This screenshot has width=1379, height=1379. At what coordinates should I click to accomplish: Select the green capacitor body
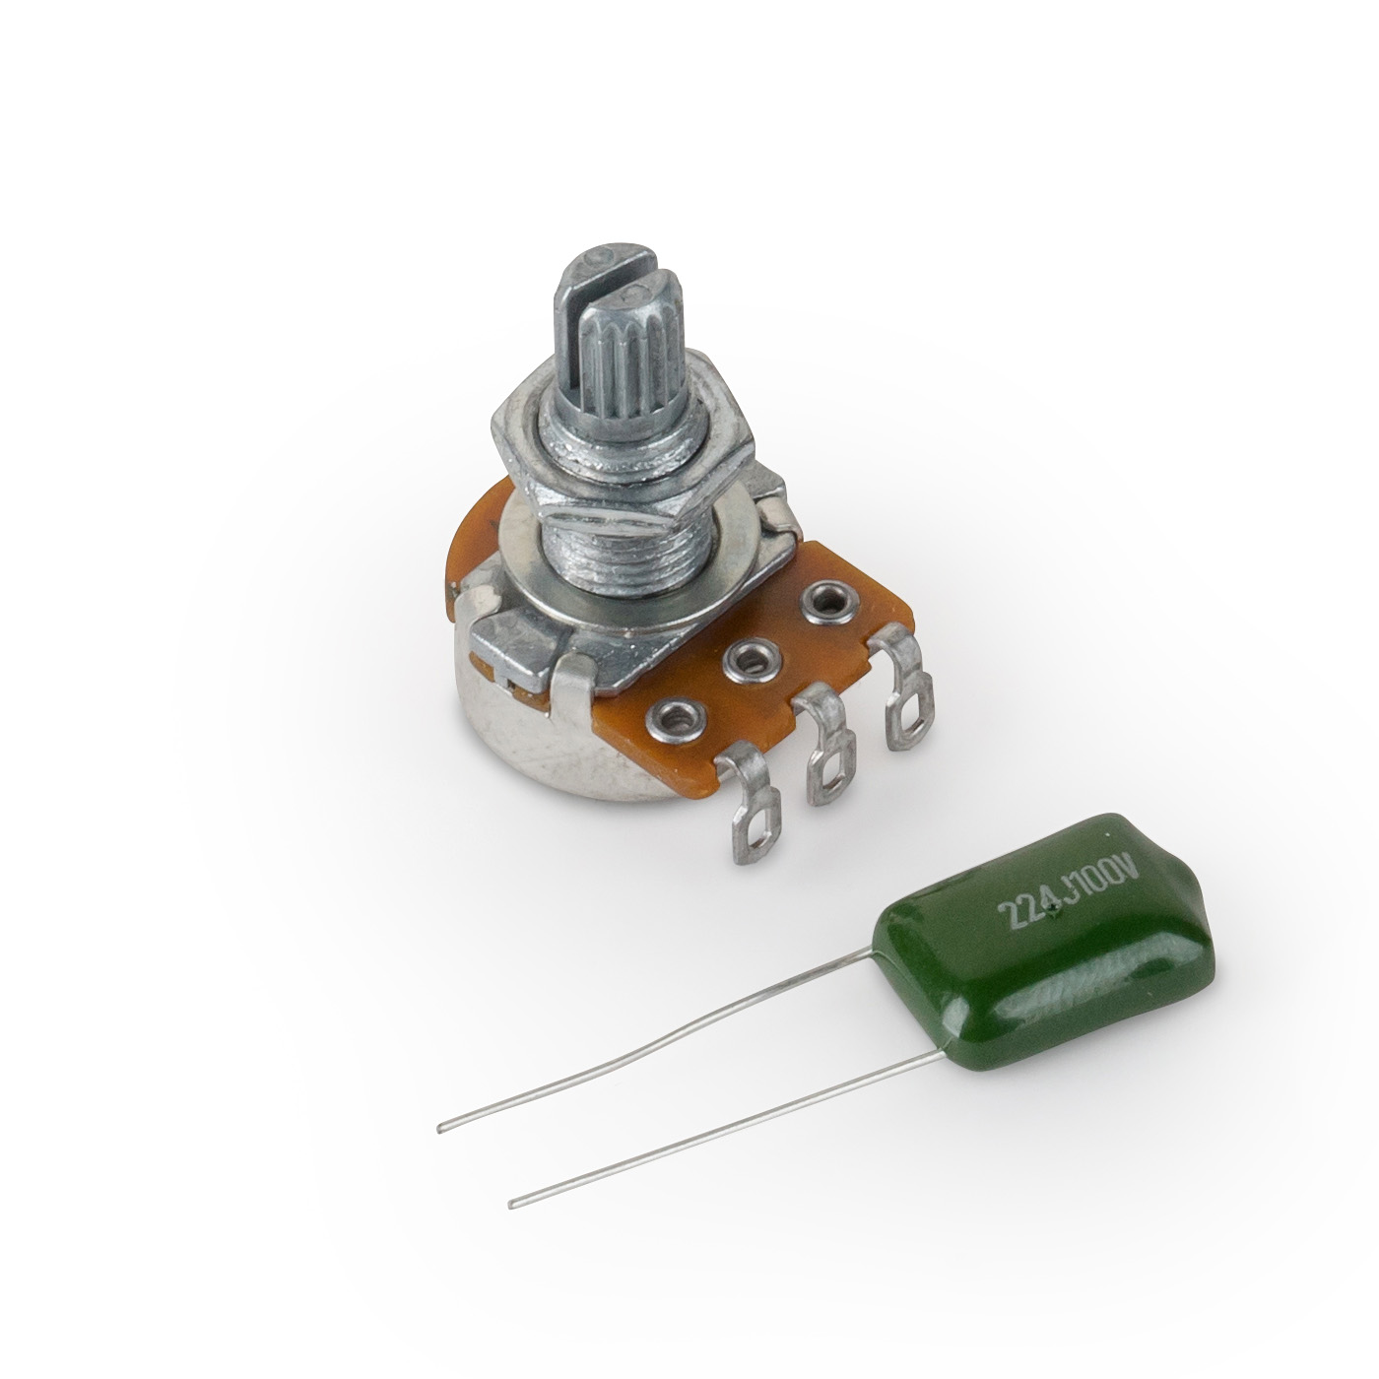(x=1064, y=965)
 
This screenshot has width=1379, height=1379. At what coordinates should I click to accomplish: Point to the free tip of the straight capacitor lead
(x=512, y=1204)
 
